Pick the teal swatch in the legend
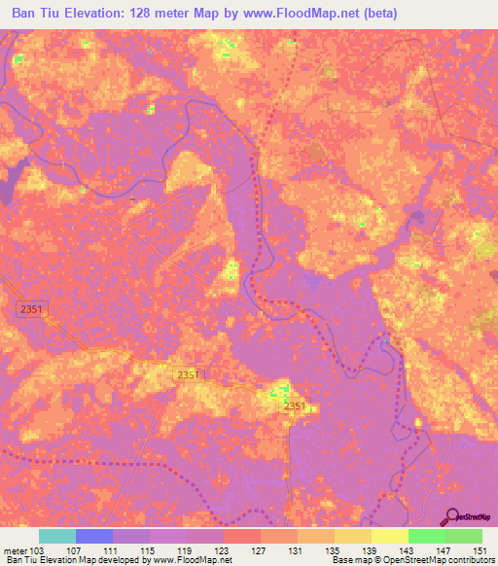pos(56,536)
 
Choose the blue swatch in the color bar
pos(93,536)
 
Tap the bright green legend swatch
pos(426,536)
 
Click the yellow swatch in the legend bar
pos(389,536)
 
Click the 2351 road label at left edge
pos(32,308)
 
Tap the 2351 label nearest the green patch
pos(297,406)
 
